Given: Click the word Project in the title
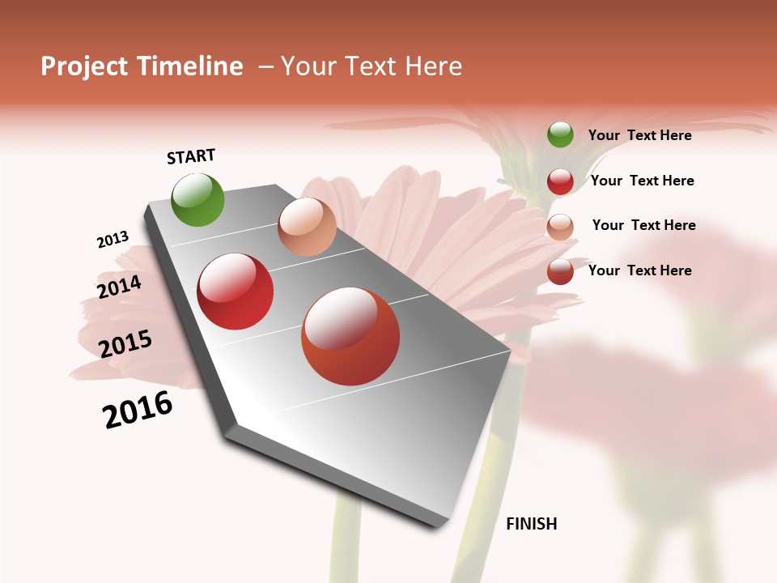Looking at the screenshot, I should pyautogui.click(x=82, y=66).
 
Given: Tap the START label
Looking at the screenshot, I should pyautogui.click(x=191, y=156).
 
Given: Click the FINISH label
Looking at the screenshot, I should pyautogui.click(x=532, y=524).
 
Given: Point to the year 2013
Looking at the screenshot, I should pyautogui.click(x=113, y=240).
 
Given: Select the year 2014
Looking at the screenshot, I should pyautogui.click(x=119, y=287).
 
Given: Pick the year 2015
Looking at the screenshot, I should pyautogui.click(x=125, y=343).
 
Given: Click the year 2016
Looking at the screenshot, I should pyautogui.click(x=138, y=410).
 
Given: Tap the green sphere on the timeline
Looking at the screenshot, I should pyautogui.click(x=198, y=199).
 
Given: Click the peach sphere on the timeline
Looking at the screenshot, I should pyautogui.click(x=307, y=227).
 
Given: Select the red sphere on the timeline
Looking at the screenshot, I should pyautogui.click(x=236, y=291).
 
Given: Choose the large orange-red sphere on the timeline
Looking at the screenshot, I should pyautogui.click(x=350, y=336).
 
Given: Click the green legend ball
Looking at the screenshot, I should pyautogui.click(x=560, y=134).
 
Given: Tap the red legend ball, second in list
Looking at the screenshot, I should pyautogui.click(x=560, y=181).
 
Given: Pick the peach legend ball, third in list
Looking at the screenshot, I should pyautogui.click(x=560, y=227).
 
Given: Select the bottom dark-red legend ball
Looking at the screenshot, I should pyautogui.click(x=560, y=271).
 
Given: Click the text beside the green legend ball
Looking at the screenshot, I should pyautogui.click(x=640, y=135).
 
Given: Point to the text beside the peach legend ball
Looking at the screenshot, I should pyautogui.click(x=644, y=225).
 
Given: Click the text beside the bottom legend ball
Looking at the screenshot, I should pyautogui.click(x=640, y=270).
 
